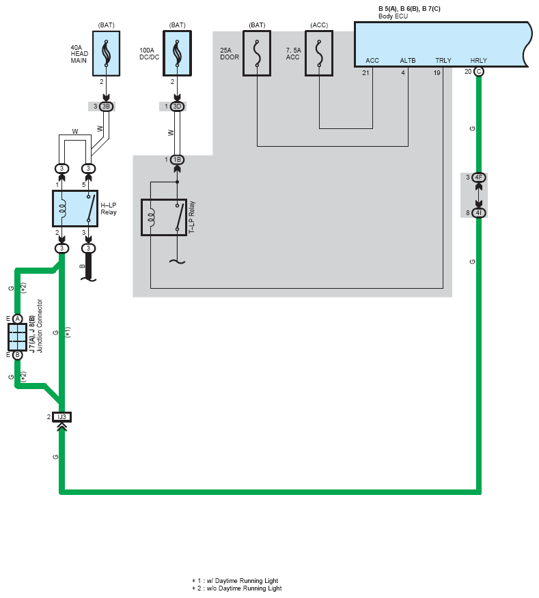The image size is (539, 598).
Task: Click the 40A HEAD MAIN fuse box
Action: [106, 53]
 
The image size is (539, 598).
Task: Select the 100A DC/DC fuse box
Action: [177, 53]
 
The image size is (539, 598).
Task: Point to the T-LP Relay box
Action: [164, 217]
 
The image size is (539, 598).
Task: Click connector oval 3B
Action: [106, 106]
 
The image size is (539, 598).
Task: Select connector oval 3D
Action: [177, 106]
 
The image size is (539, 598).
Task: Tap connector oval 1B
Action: [177, 160]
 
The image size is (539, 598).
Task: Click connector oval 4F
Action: [478, 177]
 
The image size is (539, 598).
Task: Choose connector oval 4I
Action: [478, 213]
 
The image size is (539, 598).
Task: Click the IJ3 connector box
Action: [61, 416]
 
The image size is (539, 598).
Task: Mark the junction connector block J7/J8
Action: [17, 337]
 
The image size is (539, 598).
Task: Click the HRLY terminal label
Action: [479, 61]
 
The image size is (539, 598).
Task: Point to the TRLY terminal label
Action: [443, 61]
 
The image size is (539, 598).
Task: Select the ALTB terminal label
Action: [408, 61]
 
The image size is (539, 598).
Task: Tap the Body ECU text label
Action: [393, 16]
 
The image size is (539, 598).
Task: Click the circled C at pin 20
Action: [478, 72]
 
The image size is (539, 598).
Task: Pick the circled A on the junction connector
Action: [17, 319]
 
